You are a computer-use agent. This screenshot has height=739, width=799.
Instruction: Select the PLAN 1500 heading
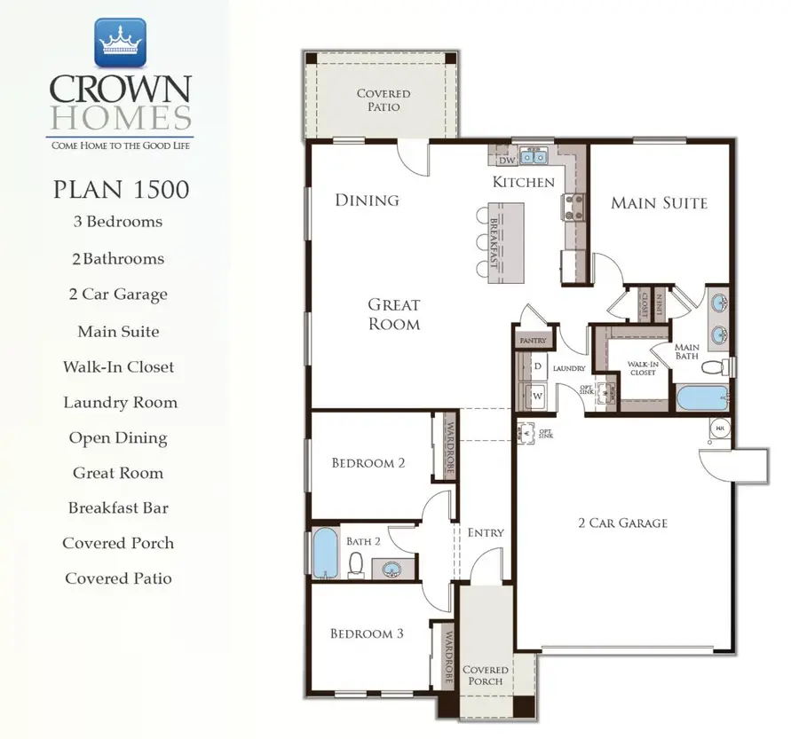(120, 188)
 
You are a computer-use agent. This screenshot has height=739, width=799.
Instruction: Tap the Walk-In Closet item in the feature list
(118, 366)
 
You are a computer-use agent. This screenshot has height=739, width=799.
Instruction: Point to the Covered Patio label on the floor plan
(383, 99)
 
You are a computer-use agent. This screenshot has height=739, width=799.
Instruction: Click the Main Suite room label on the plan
(659, 203)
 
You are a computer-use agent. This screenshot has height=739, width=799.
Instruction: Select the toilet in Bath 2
(357, 563)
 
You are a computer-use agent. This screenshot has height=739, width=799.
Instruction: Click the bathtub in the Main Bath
(701, 397)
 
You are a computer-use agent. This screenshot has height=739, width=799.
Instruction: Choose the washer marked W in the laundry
(538, 395)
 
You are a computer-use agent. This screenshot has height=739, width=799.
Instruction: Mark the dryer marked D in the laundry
(538, 366)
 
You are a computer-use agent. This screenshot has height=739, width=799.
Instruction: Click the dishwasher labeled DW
(506, 160)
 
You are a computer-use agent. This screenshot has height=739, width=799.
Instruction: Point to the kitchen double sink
(534, 158)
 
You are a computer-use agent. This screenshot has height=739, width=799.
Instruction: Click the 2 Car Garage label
(622, 523)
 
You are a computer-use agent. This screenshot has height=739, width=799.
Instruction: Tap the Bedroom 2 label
(368, 462)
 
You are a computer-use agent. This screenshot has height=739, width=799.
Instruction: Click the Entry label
(485, 532)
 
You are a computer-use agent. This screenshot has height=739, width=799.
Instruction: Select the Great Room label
(394, 314)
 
